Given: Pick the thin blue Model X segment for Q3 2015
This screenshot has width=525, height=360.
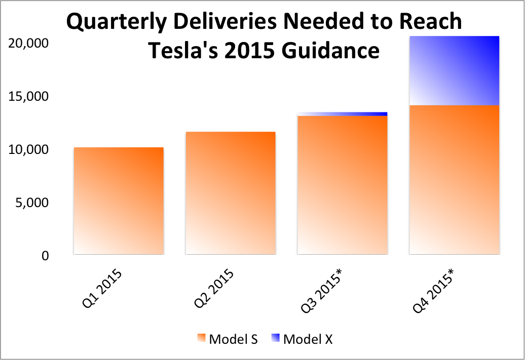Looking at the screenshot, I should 343,114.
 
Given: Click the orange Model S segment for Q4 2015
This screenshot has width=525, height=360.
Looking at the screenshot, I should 454,179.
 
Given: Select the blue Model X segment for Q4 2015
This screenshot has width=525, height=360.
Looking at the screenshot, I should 454,70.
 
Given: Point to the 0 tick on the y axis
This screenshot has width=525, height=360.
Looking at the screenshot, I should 46,256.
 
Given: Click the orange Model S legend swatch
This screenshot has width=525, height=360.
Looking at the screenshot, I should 201,338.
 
